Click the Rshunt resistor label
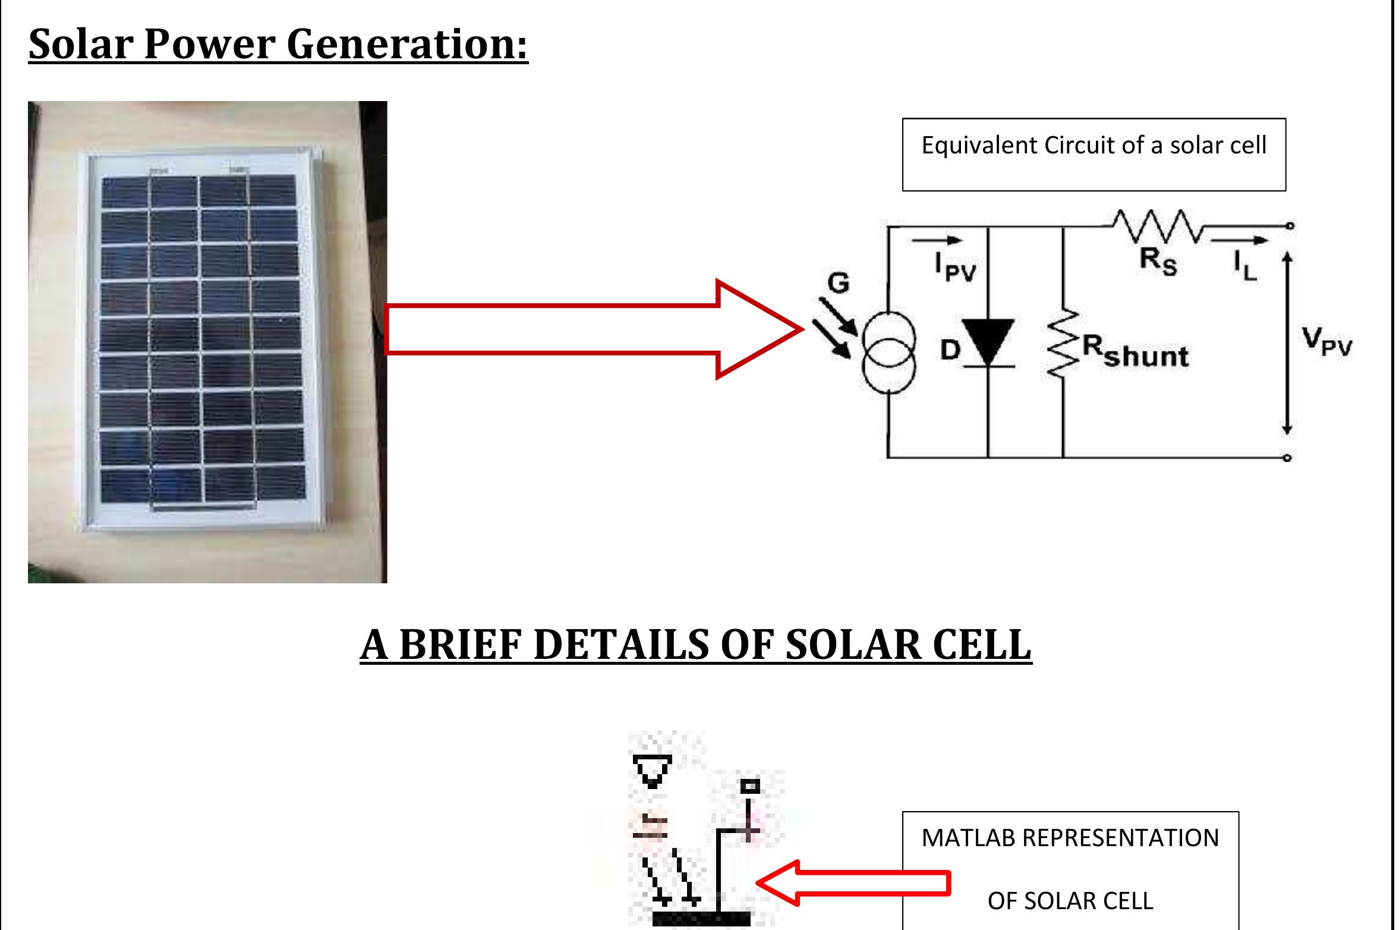1135,352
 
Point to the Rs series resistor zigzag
1157,226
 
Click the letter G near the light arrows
838,283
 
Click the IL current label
1245,265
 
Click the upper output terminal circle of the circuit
1287,226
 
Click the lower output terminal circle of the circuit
1287,458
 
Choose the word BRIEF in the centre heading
461,645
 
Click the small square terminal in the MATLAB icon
751,787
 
